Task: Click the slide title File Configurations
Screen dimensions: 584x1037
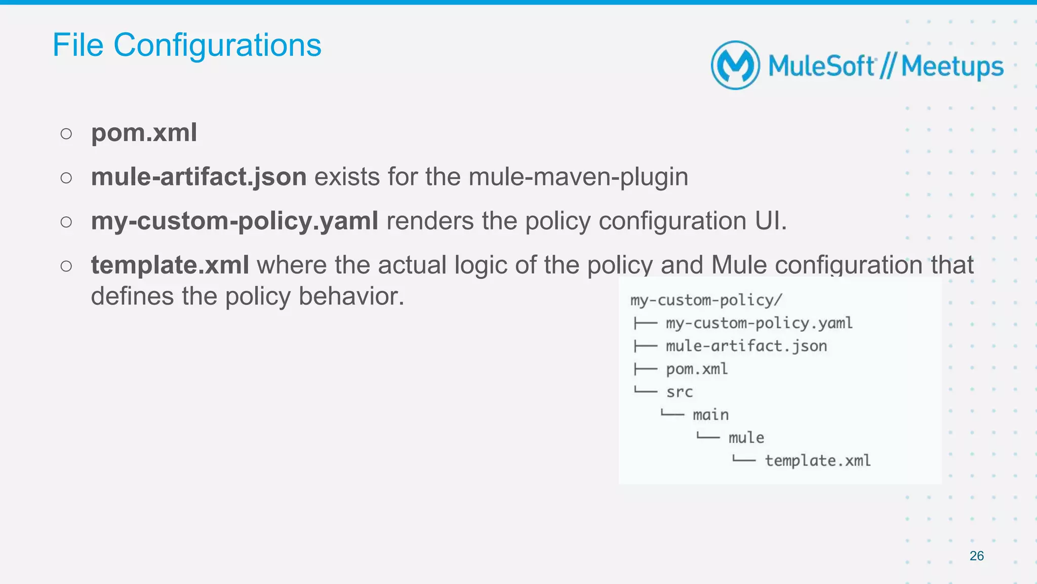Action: pyautogui.click(x=186, y=45)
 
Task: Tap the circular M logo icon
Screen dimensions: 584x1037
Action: pyautogui.click(x=735, y=65)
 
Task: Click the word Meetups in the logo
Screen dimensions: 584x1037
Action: pyautogui.click(x=952, y=66)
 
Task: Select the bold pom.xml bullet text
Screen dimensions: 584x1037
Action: pyautogui.click(x=144, y=133)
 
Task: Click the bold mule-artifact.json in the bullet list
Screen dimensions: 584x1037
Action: pyautogui.click(x=198, y=177)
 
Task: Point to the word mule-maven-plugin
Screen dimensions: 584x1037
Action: pyautogui.click(x=578, y=177)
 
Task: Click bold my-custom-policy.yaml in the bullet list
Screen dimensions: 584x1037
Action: pyautogui.click(x=234, y=221)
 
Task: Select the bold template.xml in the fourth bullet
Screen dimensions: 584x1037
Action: pyautogui.click(x=170, y=265)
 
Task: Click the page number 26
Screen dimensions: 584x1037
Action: pyautogui.click(x=976, y=556)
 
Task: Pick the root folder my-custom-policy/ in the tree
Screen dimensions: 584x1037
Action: pyautogui.click(x=706, y=300)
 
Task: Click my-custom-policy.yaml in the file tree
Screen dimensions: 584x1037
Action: pyautogui.click(x=759, y=323)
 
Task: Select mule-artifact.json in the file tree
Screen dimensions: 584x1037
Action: pyautogui.click(x=746, y=346)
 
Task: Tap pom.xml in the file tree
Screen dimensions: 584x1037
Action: pyautogui.click(x=697, y=369)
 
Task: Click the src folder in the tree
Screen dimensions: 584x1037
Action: pyautogui.click(x=679, y=392)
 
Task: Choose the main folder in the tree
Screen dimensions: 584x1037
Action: pyautogui.click(x=710, y=415)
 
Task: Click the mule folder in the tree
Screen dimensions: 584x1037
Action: pyautogui.click(x=746, y=438)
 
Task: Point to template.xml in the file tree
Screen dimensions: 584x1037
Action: pyautogui.click(x=817, y=460)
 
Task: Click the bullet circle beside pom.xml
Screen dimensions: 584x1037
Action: pyautogui.click(x=66, y=134)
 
